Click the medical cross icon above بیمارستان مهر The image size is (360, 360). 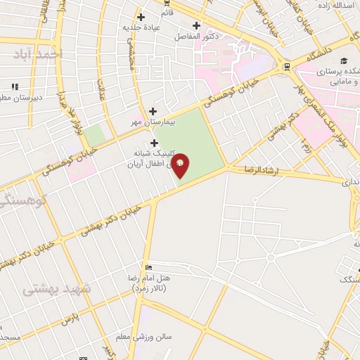(x=153, y=111)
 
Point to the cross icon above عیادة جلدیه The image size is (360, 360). (x=141, y=17)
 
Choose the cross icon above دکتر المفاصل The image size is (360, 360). (x=197, y=25)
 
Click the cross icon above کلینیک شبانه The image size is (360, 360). (x=154, y=142)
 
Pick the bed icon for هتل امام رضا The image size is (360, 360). (x=148, y=268)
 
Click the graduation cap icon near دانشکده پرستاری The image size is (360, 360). (x=344, y=61)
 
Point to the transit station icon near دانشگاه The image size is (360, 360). (x=286, y=67)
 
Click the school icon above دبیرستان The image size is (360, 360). (x=13, y=87)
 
